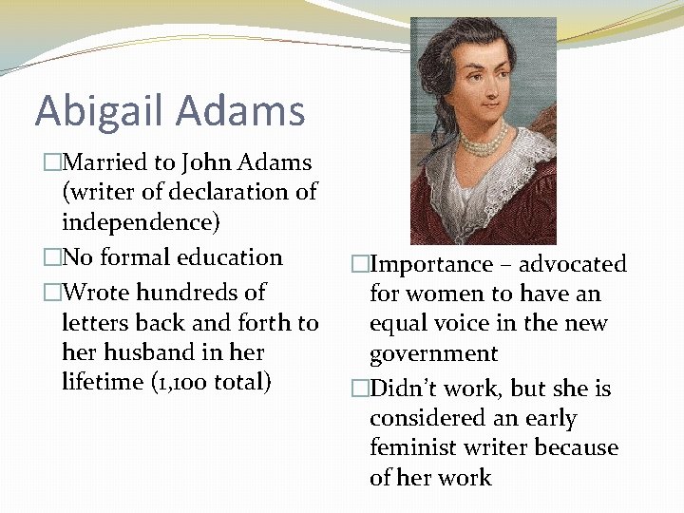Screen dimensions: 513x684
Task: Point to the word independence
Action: (140, 221)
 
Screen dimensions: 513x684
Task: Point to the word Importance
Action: (431, 264)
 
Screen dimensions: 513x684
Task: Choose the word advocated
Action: (571, 264)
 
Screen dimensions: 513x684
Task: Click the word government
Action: (433, 353)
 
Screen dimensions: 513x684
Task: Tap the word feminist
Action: (412, 447)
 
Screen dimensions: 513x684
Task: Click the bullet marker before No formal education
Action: (52, 258)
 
